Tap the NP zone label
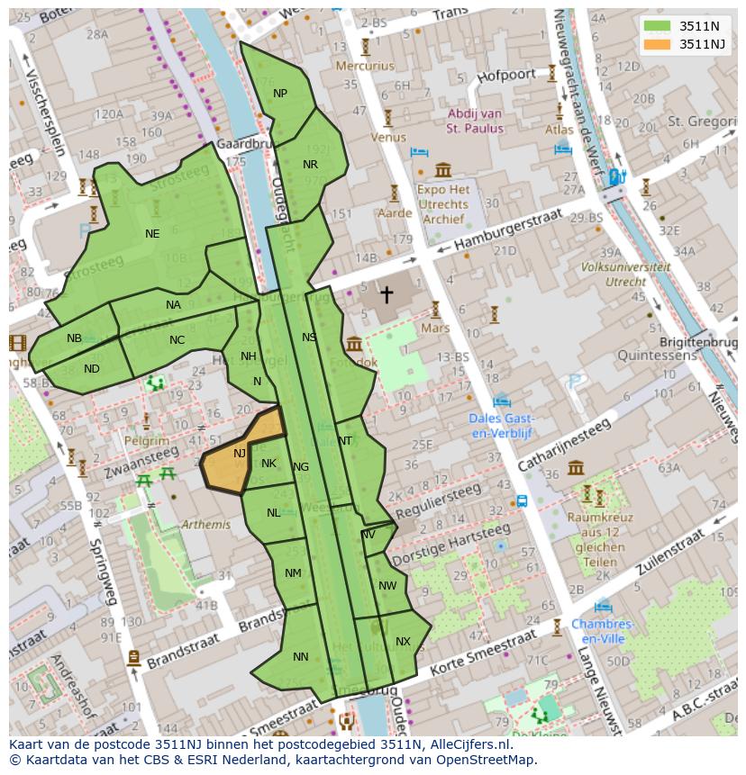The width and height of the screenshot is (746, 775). pos(280,94)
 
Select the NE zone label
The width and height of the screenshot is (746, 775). pos(152,233)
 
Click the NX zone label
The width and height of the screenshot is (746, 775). pos(403,642)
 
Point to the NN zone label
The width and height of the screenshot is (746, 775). pos(301,657)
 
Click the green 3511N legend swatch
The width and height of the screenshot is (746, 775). pos(657,26)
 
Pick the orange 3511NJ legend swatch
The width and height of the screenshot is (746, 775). pos(657,44)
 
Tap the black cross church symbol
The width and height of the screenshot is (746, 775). pos(386,293)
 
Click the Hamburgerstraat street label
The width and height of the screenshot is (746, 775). pos(509,231)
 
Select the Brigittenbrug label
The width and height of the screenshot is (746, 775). pos(698,343)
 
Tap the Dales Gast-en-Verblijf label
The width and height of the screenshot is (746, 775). pos(502,426)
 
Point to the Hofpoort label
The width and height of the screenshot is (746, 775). pos(506,76)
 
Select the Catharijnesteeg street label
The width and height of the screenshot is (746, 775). pos(565,446)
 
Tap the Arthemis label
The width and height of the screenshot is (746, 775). pos(205,524)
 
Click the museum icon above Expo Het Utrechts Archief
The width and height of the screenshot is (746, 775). pos(442,170)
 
